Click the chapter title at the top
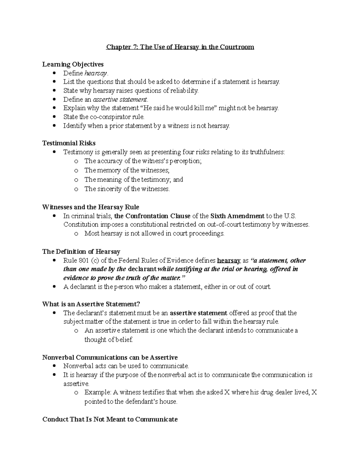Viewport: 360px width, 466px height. point(180,47)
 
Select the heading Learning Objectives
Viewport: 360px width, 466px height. point(73,64)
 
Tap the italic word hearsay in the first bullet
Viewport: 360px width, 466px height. point(95,73)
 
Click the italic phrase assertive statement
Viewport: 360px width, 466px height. point(120,99)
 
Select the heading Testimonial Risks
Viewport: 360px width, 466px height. point(69,143)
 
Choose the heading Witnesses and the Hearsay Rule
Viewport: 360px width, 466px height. point(91,207)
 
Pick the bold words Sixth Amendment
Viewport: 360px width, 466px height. point(237,216)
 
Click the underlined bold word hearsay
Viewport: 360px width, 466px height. point(229,260)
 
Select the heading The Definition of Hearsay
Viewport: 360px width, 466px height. point(81,251)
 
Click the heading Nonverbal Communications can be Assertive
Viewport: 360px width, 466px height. point(110,357)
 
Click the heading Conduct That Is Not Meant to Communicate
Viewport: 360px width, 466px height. point(110,419)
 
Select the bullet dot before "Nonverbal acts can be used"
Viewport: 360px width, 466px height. point(54,366)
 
